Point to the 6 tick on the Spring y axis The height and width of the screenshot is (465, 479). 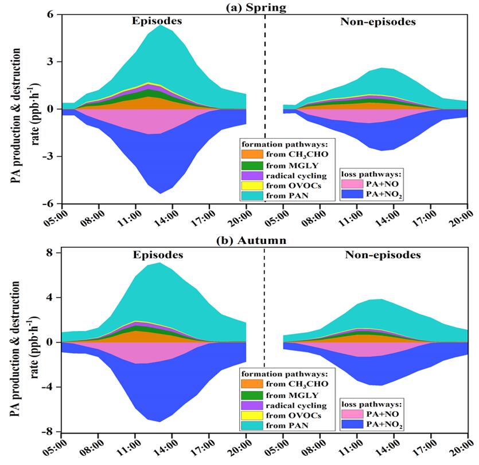[51, 14]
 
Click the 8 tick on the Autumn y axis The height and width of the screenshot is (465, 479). [51, 253]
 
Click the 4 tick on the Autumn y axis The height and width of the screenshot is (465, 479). [51, 297]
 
